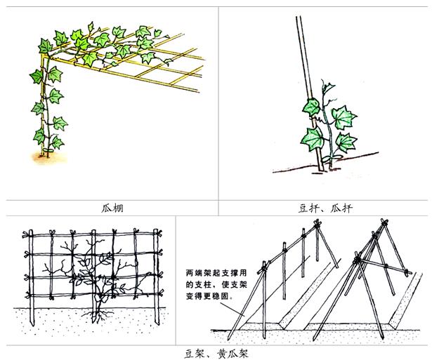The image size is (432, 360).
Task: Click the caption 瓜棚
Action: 112,208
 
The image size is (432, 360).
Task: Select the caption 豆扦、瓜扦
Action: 325,208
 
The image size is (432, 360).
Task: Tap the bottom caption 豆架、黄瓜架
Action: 216,354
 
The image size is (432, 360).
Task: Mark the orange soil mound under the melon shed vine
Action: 50,158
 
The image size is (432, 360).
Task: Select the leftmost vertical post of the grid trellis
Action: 31,277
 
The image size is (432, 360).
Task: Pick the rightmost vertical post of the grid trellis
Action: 156,276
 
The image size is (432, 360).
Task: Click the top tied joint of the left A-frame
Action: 317,223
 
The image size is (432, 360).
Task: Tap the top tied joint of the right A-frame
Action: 384,222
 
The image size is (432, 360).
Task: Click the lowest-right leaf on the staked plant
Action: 346,142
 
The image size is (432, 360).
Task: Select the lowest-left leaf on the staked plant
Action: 312,139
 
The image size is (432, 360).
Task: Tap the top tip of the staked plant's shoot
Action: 322,80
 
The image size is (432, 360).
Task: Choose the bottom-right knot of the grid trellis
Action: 159,293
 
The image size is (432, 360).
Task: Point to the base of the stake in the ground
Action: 321,168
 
